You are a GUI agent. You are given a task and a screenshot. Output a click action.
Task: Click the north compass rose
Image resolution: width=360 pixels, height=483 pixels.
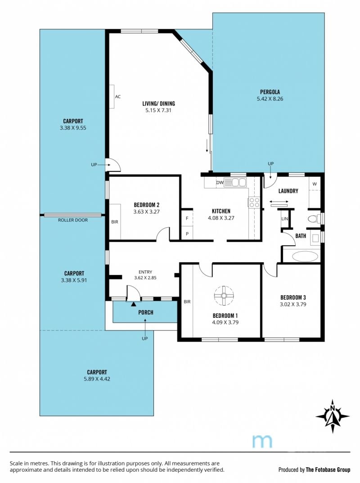(x=333, y=416)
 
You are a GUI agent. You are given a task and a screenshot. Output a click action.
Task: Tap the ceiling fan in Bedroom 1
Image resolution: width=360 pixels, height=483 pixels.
(x=224, y=296)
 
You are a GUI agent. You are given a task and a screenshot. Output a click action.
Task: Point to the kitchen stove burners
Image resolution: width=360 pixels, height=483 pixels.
(x=254, y=203)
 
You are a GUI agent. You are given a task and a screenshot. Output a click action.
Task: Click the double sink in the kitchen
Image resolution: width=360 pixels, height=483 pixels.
(x=236, y=183)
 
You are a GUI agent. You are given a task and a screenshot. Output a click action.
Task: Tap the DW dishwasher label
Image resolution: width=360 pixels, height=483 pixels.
(x=220, y=183)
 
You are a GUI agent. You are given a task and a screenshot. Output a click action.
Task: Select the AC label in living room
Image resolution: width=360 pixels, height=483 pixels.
(x=118, y=97)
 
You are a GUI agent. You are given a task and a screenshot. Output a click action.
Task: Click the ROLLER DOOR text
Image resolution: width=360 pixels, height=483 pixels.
(x=73, y=220)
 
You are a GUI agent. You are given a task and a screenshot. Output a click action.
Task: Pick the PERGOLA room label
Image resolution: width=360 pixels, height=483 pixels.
(x=270, y=92)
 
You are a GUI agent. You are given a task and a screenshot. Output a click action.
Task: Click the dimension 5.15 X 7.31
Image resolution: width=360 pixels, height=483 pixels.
(x=158, y=110)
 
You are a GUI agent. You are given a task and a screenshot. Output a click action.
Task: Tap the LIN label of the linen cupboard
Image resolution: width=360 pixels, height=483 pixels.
(x=284, y=219)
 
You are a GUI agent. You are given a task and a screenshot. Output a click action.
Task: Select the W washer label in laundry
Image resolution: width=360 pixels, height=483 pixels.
(x=315, y=184)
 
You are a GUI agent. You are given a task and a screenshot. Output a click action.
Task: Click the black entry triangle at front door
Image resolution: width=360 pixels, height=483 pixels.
(x=133, y=304)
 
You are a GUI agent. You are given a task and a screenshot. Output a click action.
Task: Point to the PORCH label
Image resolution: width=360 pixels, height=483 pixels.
(x=146, y=312)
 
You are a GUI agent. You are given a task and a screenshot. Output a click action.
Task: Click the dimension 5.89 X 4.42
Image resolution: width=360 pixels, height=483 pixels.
(x=97, y=379)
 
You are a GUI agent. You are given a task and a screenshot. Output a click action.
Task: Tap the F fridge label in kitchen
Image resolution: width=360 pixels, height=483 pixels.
(x=187, y=218)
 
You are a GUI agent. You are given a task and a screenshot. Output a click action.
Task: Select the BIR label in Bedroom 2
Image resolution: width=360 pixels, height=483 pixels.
(x=115, y=222)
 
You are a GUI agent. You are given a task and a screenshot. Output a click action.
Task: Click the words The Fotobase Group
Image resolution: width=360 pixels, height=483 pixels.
(x=328, y=470)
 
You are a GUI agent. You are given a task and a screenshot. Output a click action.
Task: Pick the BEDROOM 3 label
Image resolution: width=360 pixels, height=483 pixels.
(x=293, y=298)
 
